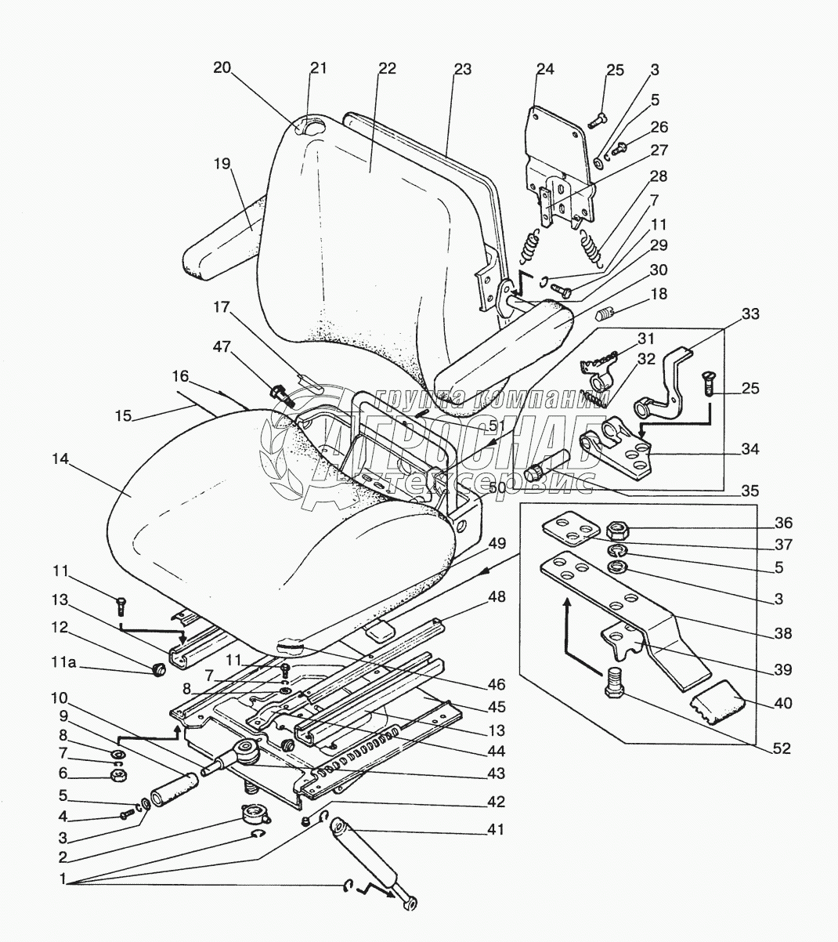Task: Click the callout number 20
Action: coord(222,68)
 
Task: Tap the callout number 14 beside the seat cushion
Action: coord(60,459)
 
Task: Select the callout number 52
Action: coord(782,748)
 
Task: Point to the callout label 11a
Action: coord(63,662)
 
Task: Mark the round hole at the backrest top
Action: coord(316,129)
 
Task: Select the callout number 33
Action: coord(750,313)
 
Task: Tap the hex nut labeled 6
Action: coord(117,774)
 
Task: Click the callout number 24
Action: coord(545,69)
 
